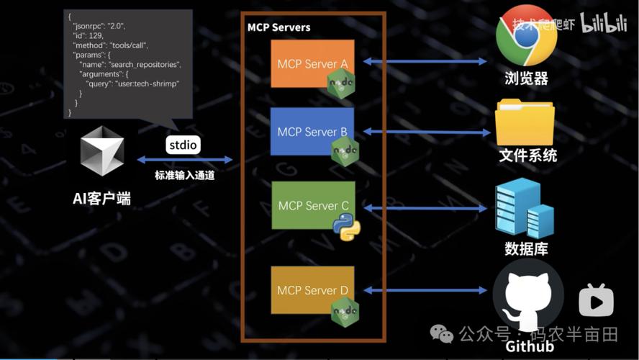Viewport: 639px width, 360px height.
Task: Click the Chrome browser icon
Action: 527,35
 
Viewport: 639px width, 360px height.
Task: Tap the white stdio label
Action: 183,145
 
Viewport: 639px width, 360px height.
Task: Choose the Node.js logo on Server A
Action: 341,84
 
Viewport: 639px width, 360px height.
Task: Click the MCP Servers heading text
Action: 278,27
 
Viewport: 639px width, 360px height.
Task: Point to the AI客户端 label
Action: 101,199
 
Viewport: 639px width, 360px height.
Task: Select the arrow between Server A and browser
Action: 425,62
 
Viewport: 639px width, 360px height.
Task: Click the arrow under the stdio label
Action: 184,160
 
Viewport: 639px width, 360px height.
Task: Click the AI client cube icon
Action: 101,150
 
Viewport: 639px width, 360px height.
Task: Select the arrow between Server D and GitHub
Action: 425,290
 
